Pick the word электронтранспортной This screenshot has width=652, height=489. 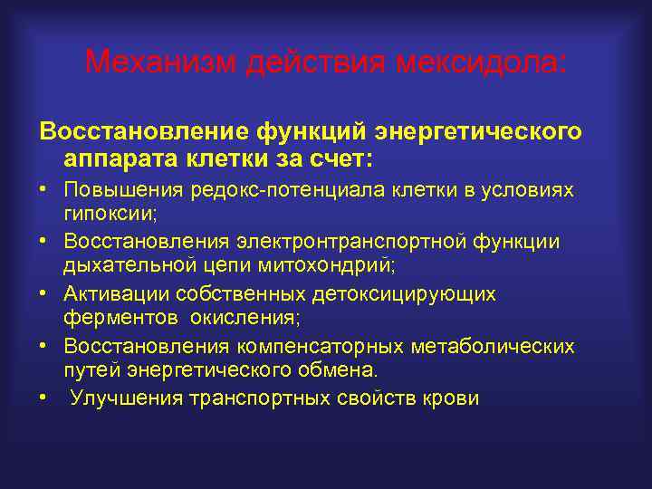click(354, 242)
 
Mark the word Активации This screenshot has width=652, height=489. click(115, 294)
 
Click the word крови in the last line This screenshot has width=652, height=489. click(452, 399)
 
